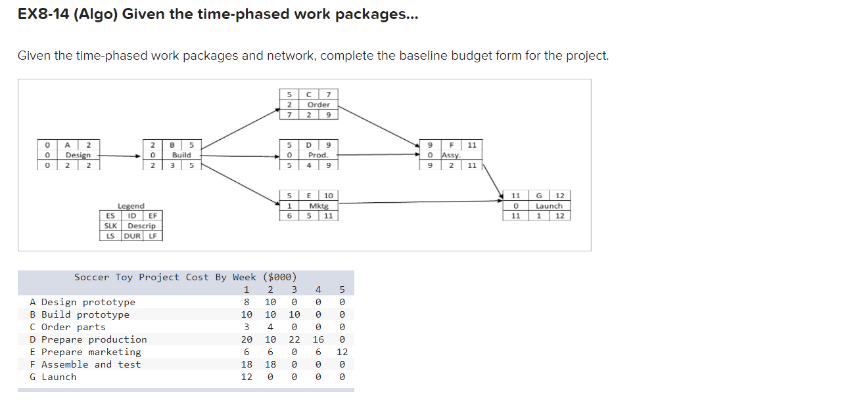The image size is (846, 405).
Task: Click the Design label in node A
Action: point(78,155)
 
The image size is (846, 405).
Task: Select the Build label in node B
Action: point(181,155)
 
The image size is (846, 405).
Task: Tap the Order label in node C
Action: point(319,104)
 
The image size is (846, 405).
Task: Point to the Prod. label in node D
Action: point(318,155)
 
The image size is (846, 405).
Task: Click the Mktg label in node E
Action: point(319,205)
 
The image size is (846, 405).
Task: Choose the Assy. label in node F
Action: point(451,155)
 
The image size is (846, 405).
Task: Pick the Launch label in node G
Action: point(549,205)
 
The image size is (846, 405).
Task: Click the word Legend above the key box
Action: point(131,206)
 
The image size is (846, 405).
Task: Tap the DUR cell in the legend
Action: point(133,236)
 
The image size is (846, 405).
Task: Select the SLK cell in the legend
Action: point(109,226)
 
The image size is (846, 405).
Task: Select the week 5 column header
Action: point(342,289)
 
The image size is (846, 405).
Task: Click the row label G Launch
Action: point(53,377)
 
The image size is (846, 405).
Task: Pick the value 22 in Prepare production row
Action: point(294,339)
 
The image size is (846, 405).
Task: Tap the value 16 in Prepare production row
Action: point(318,339)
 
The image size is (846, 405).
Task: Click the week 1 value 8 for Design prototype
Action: point(247,302)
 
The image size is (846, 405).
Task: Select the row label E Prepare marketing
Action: point(85,352)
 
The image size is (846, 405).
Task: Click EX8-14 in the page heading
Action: point(45,14)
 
